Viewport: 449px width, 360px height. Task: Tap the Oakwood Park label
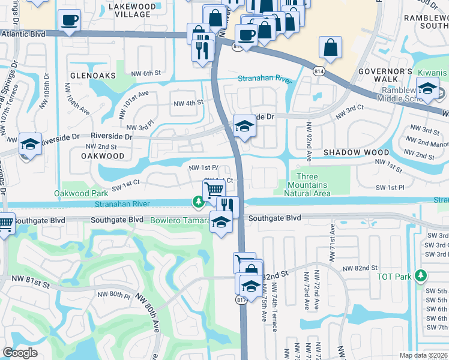(x=81, y=193)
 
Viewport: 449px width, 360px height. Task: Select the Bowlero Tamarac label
(x=176, y=220)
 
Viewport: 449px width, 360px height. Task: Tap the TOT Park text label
(x=394, y=276)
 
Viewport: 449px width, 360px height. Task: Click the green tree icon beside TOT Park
(x=422, y=275)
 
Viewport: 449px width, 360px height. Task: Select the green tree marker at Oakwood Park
(x=197, y=202)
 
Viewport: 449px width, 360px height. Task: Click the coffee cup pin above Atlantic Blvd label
(x=69, y=20)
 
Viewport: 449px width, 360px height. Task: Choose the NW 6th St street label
(x=146, y=74)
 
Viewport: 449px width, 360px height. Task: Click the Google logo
(x=20, y=353)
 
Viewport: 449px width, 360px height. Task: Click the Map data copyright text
(x=423, y=355)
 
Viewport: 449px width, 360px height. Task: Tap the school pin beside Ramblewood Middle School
(x=427, y=89)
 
